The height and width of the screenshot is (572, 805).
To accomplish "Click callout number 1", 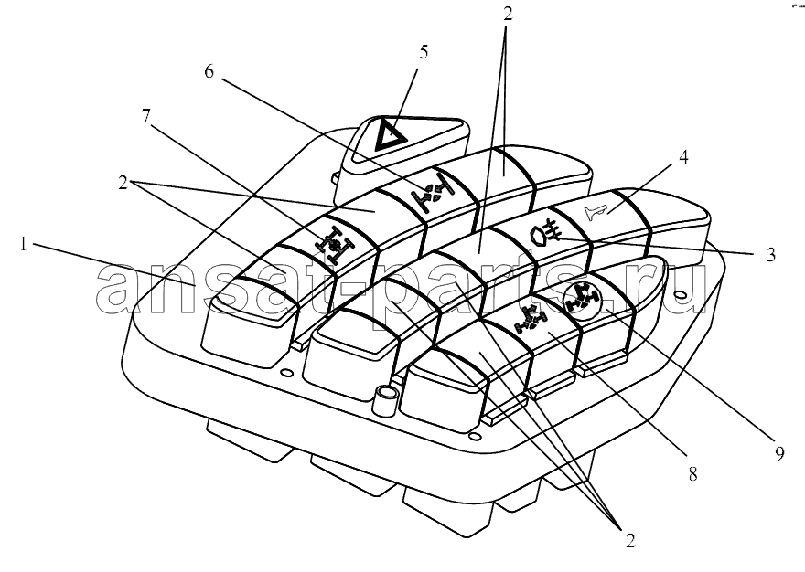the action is coord(23,245).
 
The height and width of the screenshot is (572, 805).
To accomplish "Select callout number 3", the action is coord(770,255).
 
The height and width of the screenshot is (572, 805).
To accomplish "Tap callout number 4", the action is coord(683,157).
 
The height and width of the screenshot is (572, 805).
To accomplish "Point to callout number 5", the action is coord(424,52).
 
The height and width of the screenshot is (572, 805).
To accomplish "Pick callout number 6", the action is coord(209,72).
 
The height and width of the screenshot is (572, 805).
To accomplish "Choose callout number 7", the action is coord(146,116).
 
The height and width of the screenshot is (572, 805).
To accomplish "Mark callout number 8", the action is coord(692,474).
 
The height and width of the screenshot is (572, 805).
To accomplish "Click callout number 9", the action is coord(779,453).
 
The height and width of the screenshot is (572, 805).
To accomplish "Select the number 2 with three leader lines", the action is coord(630,540).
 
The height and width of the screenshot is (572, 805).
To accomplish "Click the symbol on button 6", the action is coord(433,194).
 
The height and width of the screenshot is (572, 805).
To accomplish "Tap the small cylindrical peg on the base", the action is coord(386,400).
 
